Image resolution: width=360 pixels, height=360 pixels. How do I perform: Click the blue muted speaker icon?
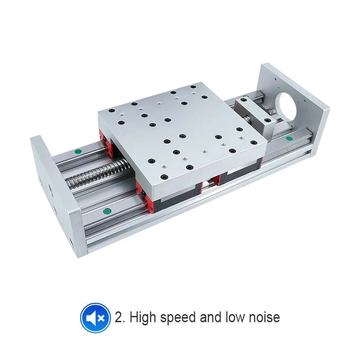pos(95,318)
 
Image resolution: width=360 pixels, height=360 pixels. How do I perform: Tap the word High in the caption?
pos(143,317)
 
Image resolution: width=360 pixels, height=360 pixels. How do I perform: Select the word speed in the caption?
pos(179,318)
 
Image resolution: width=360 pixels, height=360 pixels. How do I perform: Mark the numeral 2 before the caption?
pos(119,317)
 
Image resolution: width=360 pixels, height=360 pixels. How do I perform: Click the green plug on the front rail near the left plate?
pos(107,211)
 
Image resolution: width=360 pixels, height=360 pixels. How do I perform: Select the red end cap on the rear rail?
pos(103,137)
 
